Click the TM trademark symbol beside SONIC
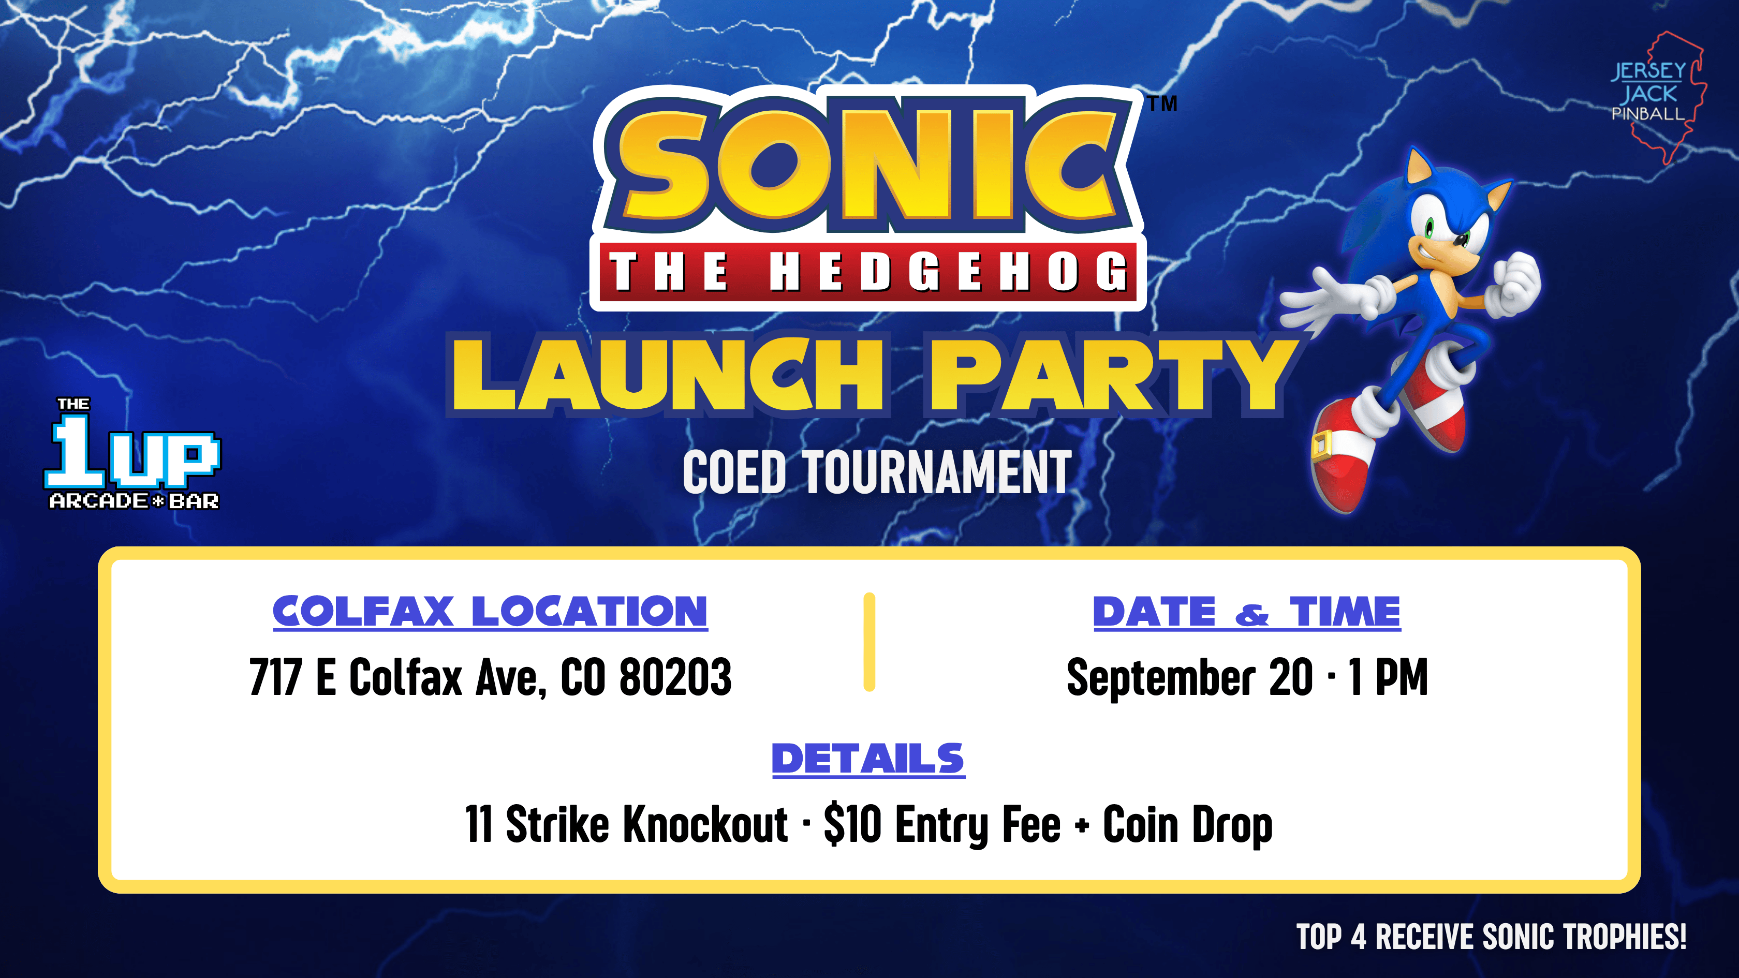coord(1162,103)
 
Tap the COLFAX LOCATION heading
coord(490,612)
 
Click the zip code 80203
coord(675,677)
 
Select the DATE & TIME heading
coord(1247,612)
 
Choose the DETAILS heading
coord(868,759)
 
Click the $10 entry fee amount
coord(852,824)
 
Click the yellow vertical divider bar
coord(870,642)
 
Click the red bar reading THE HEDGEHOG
coord(868,271)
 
